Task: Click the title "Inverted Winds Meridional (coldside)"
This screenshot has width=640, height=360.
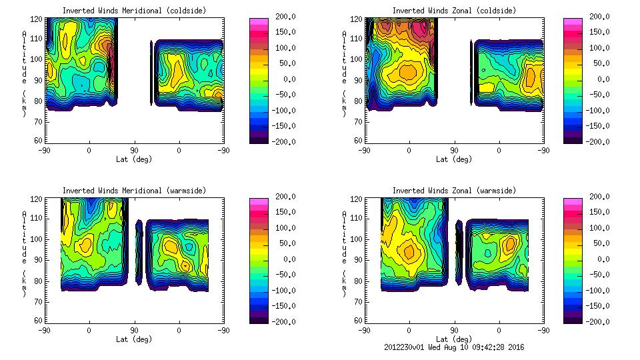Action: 134,11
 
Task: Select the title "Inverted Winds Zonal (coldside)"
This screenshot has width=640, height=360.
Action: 455,11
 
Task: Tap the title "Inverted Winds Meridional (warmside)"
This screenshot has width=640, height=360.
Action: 134,191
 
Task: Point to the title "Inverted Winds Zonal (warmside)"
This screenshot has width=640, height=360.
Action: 455,191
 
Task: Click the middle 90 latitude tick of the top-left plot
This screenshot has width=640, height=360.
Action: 134,151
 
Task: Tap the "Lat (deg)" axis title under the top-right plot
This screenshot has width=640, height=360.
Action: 454,159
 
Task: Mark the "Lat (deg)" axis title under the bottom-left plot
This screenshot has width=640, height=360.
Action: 134,339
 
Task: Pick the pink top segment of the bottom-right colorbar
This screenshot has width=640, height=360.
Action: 573,201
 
